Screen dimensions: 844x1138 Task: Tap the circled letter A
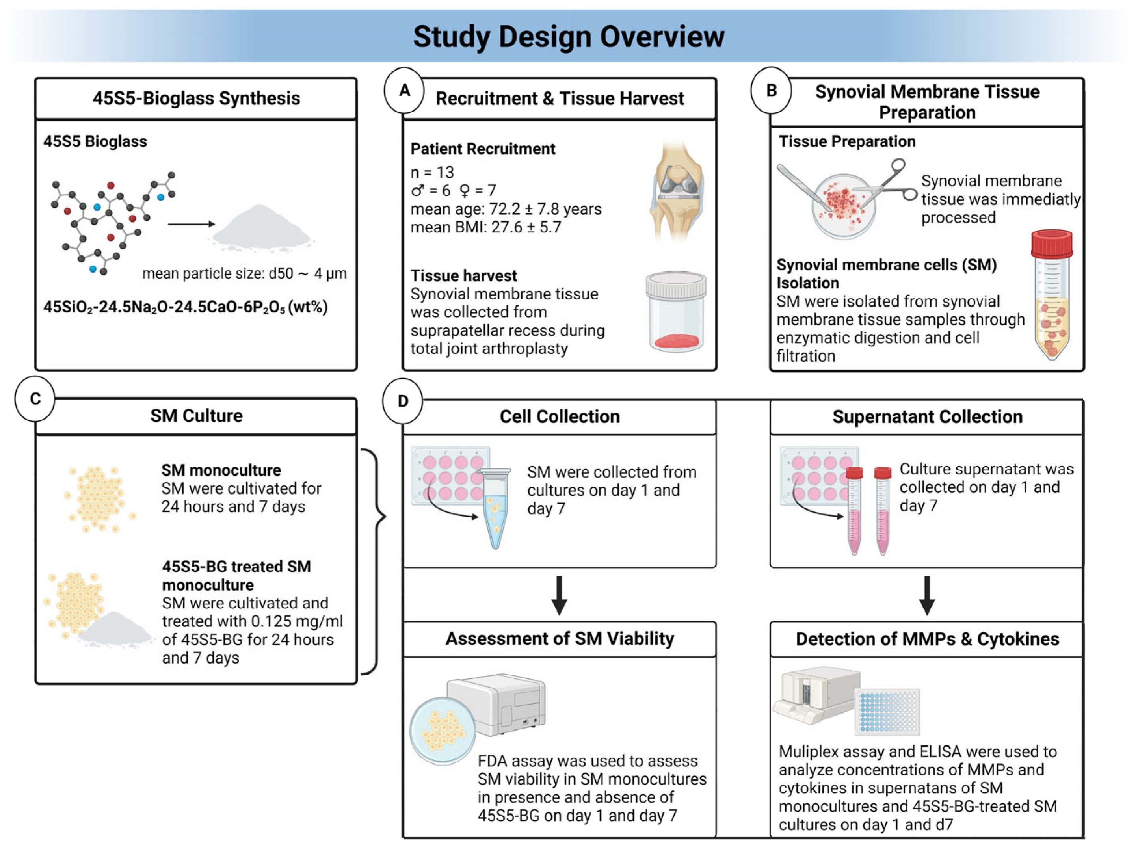(404, 91)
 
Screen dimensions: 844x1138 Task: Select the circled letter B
(771, 91)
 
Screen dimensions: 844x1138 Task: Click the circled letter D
(402, 401)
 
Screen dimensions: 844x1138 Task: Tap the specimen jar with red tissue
(675, 312)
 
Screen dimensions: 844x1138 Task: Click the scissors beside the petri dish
(886, 181)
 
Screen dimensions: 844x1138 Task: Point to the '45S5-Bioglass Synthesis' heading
(196, 98)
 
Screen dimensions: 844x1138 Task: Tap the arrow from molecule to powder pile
(191, 224)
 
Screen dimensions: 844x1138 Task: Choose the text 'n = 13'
(432, 172)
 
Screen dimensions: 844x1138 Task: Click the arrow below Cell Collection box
(559, 595)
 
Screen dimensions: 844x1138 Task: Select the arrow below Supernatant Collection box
(926, 595)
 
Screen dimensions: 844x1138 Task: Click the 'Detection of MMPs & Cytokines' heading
(927, 639)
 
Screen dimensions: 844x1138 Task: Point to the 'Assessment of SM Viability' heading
(559, 639)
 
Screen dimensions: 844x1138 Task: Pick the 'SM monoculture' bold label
(221, 470)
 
